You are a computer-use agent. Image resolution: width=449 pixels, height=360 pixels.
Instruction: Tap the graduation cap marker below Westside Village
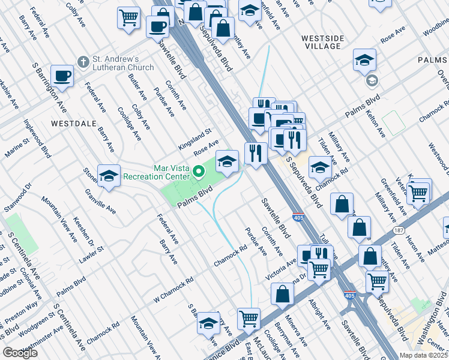tap(364, 60)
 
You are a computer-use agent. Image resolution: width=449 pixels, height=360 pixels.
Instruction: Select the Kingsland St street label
tap(195, 139)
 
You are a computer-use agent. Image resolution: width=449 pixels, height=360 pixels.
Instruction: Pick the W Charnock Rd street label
tap(173, 288)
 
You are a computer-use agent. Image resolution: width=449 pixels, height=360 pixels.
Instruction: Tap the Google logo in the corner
tap(20, 353)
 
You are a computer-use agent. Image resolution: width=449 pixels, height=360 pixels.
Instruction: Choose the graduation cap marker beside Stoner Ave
tap(109, 175)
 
